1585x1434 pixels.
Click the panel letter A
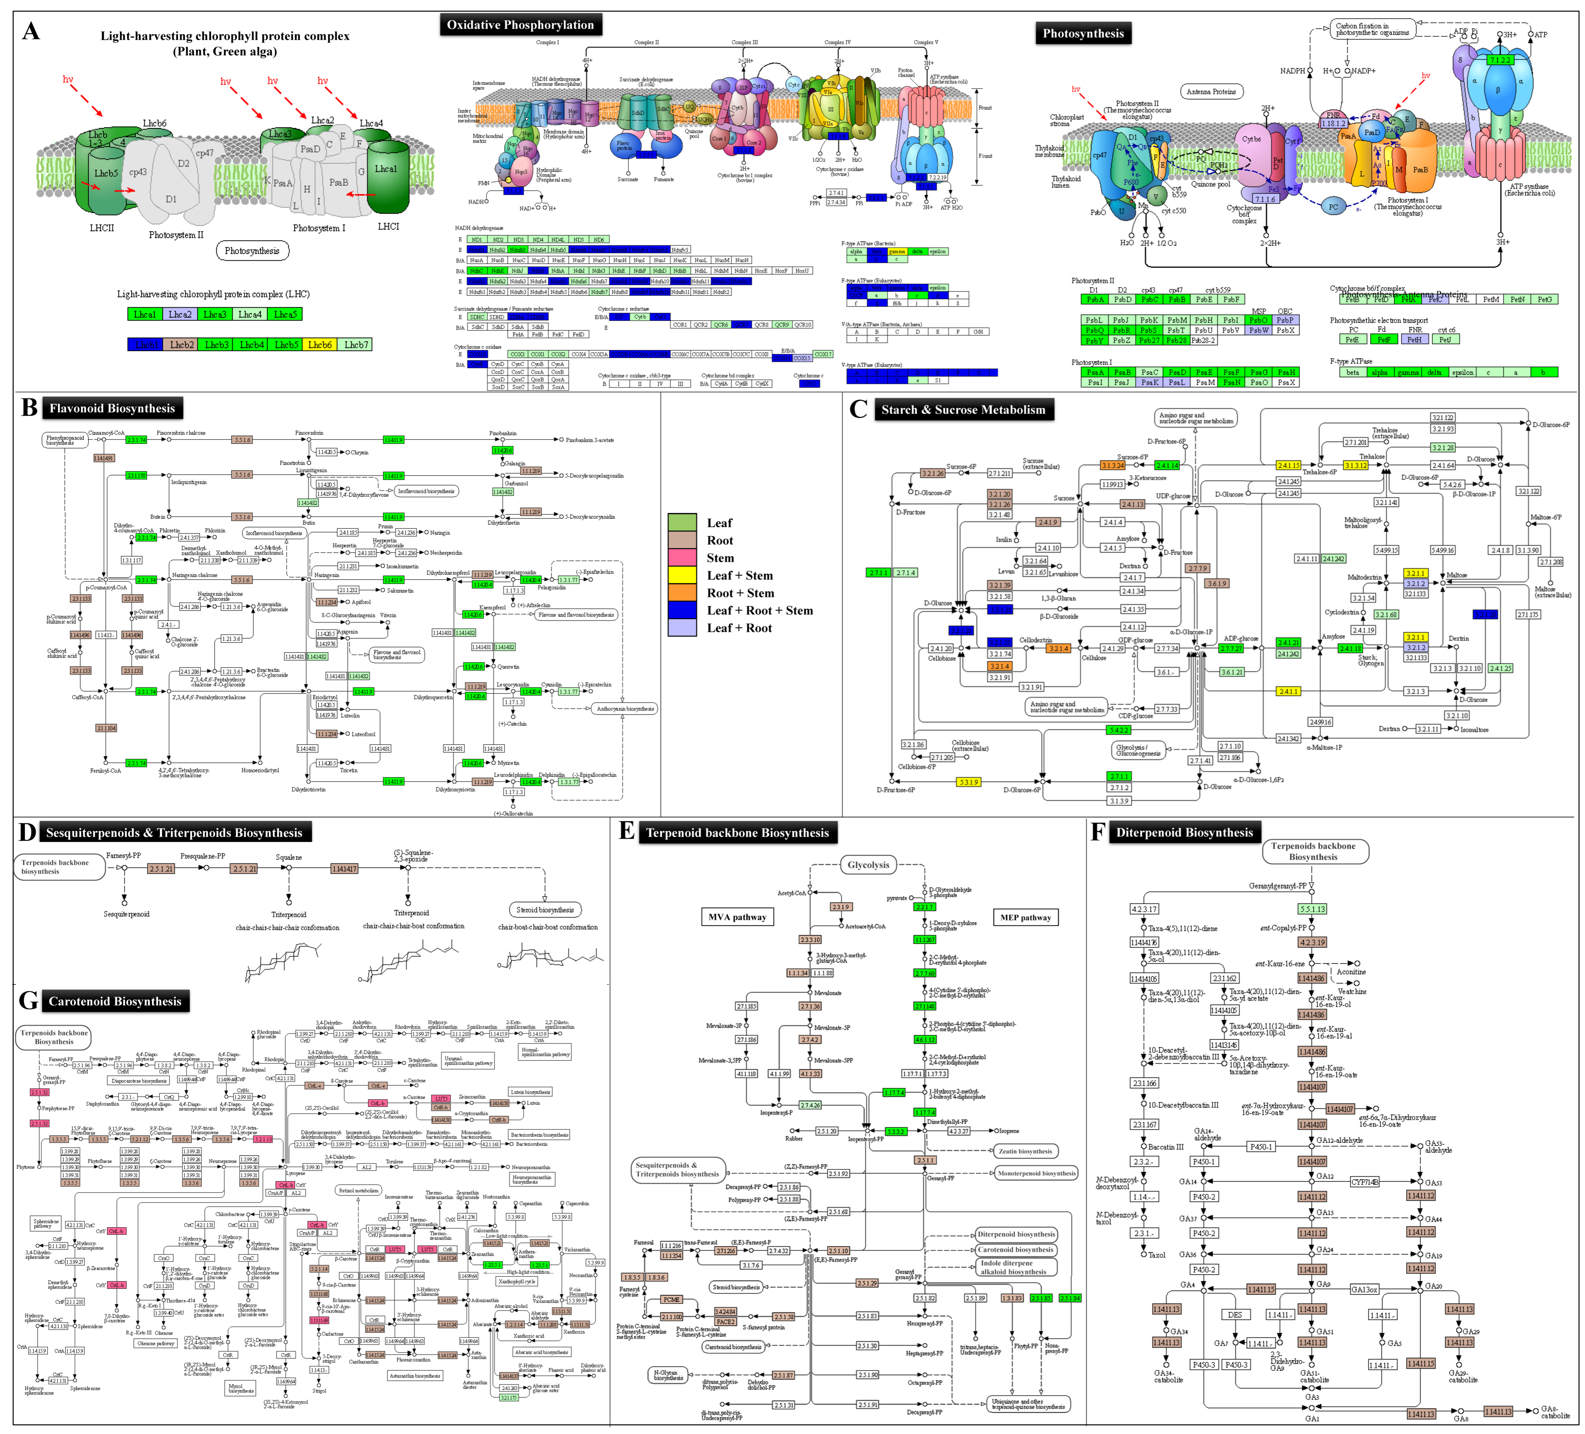(31, 31)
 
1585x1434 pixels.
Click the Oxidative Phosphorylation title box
(521, 25)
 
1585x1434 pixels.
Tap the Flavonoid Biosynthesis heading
(112, 408)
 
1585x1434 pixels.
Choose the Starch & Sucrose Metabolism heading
(963, 410)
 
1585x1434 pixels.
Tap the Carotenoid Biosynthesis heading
(115, 1001)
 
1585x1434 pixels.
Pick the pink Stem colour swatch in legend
(682, 558)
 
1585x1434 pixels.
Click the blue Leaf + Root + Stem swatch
(682, 610)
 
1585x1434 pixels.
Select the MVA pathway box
(737, 917)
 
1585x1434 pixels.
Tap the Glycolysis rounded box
(868, 865)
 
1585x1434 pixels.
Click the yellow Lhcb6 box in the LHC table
(319, 345)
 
